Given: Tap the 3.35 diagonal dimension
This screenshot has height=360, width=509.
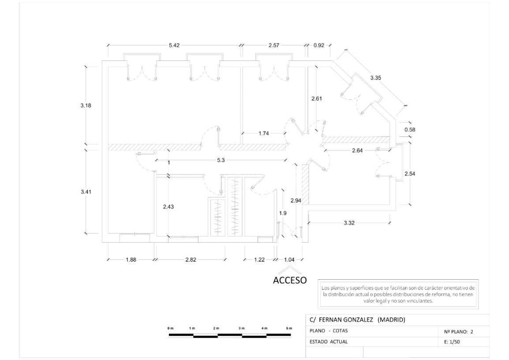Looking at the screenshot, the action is (375, 78).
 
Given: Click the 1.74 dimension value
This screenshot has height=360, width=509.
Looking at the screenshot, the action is (264, 133).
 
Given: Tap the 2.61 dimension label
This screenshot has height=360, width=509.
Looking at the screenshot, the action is (316, 99).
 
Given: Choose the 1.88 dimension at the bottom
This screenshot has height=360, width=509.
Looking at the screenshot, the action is (131, 260).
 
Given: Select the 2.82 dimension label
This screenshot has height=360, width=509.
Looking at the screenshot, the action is (191, 260).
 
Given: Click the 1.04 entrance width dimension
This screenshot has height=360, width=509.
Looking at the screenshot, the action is (289, 260).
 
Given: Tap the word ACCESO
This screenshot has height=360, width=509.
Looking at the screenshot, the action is (290, 281).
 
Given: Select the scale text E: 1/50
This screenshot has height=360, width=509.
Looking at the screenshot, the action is (451, 341).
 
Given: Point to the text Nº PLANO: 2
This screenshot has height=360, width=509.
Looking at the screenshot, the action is (457, 331).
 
